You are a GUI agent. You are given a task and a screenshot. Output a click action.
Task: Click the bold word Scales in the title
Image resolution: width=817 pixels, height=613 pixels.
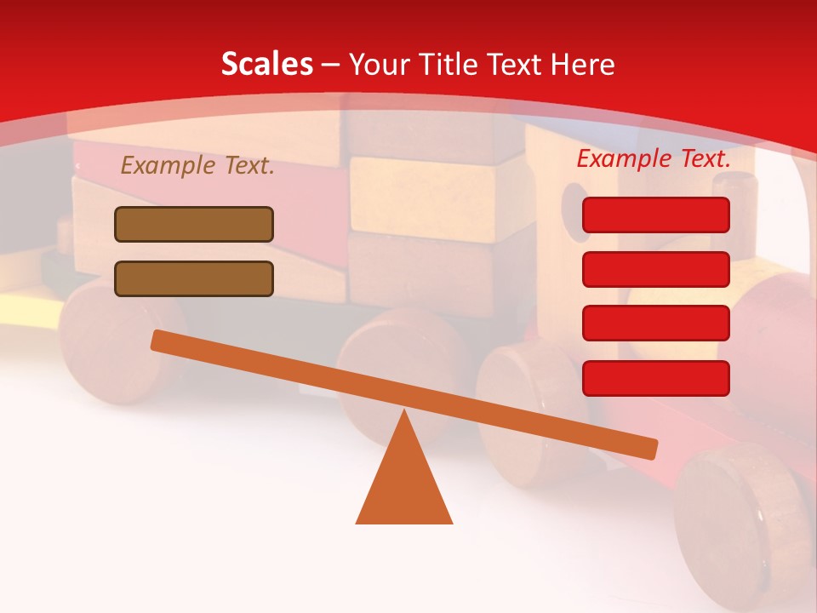pos(266,64)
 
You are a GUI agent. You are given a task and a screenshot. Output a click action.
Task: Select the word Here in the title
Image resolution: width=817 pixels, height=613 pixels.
pos(583,64)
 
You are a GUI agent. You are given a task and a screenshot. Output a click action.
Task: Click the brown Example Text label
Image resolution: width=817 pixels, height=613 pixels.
pos(197,166)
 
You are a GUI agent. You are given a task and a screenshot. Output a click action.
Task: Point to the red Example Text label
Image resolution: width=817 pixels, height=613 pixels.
pos(654,158)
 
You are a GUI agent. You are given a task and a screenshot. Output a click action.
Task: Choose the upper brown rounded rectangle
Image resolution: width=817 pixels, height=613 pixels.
pos(194,224)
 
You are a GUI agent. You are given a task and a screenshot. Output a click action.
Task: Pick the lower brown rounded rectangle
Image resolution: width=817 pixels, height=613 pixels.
pos(194,278)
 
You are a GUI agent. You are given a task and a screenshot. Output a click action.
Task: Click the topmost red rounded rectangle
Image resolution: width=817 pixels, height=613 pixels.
pos(655,215)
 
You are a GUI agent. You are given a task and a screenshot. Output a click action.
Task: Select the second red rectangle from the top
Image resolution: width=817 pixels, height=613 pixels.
pos(655,269)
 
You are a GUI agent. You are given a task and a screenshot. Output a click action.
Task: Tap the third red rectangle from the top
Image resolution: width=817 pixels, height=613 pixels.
pos(655,323)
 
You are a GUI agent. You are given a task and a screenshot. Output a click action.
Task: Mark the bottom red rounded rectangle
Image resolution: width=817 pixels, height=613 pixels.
pos(655,378)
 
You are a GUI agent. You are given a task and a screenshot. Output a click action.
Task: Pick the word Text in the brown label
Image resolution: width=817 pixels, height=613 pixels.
pos(249,166)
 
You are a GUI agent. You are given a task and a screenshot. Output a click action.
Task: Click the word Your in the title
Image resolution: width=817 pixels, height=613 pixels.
pos(378,64)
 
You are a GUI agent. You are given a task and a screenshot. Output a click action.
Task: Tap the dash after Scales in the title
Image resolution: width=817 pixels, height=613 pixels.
pos(331,64)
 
